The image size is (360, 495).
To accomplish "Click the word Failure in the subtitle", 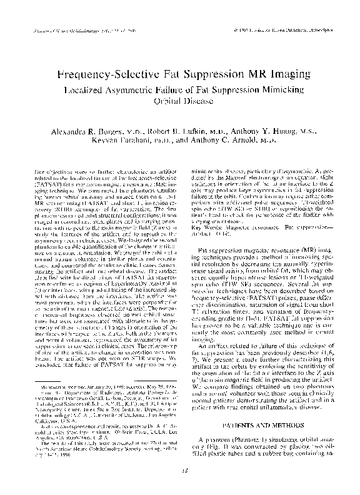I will point(199,90).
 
